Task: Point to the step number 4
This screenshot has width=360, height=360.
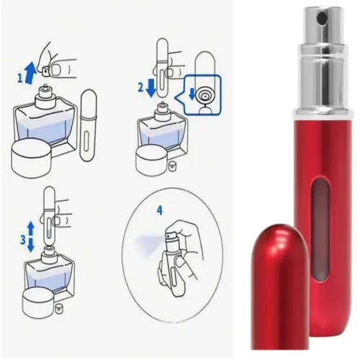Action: [x=159, y=210]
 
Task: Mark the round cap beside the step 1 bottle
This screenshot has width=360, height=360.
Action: [x=33, y=158]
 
